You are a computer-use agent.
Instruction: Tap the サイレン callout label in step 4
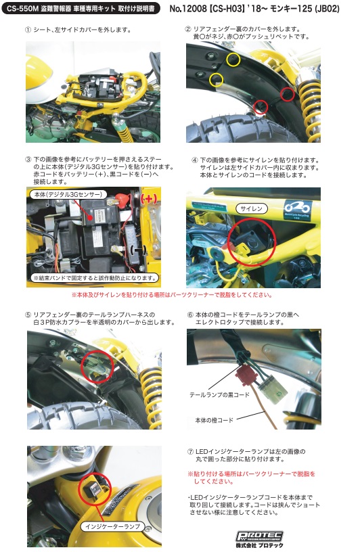251,209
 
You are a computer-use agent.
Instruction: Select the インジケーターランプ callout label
113,527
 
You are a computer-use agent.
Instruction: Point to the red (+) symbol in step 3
148,199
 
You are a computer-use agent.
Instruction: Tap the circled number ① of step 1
28,30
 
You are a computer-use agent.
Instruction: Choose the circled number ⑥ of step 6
190,315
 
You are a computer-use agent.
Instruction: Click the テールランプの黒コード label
219,394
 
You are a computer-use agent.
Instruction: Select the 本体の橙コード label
214,420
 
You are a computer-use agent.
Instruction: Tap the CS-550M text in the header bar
21,8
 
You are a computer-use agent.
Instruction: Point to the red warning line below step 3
172,295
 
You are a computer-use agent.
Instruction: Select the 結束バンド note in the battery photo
95,278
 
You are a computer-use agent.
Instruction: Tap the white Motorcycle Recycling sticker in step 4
297,210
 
